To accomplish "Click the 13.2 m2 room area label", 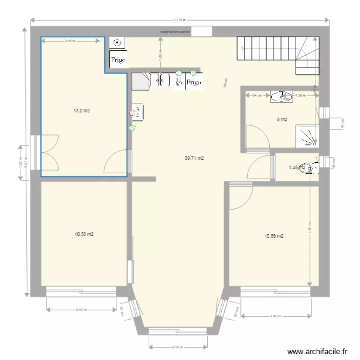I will coord(82,111).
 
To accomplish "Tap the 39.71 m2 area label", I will coord(194,157).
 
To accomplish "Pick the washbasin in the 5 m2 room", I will coord(281,96).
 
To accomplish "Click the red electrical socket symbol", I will coord(132,114).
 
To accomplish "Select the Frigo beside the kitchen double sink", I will coord(193,82).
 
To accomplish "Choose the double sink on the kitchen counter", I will coord(160,80).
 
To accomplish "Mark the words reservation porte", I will coord(175,31).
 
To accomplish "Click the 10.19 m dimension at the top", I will coord(180,20).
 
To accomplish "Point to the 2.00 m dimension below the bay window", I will coord(178,347).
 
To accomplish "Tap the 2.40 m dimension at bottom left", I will coord(81,310).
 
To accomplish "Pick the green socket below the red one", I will coord(132,128).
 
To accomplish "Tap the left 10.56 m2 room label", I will coord(84,234).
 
